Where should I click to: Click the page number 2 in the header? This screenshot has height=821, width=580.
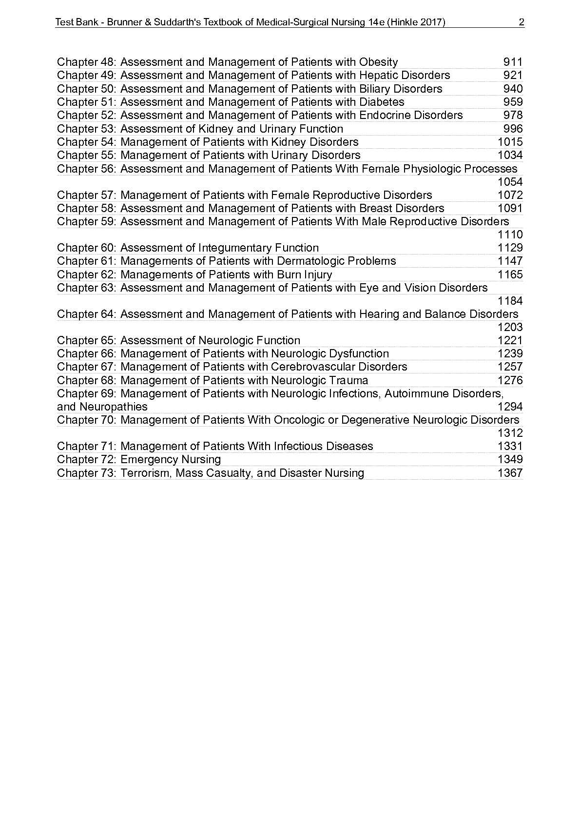coord(522,22)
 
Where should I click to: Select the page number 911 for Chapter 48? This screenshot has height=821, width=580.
coord(513,62)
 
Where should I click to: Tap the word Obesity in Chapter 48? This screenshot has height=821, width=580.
coord(378,62)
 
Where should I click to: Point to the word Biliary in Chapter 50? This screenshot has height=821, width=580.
coord(374,89)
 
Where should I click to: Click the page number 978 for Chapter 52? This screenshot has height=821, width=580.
coord(513,115)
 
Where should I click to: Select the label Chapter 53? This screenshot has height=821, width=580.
coord(86,129)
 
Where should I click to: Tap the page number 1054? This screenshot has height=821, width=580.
coord(510,182)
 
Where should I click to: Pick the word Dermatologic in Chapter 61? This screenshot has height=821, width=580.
coord(310,261)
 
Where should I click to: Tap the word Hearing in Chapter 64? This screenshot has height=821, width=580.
coord(378,314)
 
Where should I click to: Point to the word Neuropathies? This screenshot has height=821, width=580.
coord(113,407)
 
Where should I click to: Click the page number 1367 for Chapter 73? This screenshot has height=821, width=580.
coord(510,473)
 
